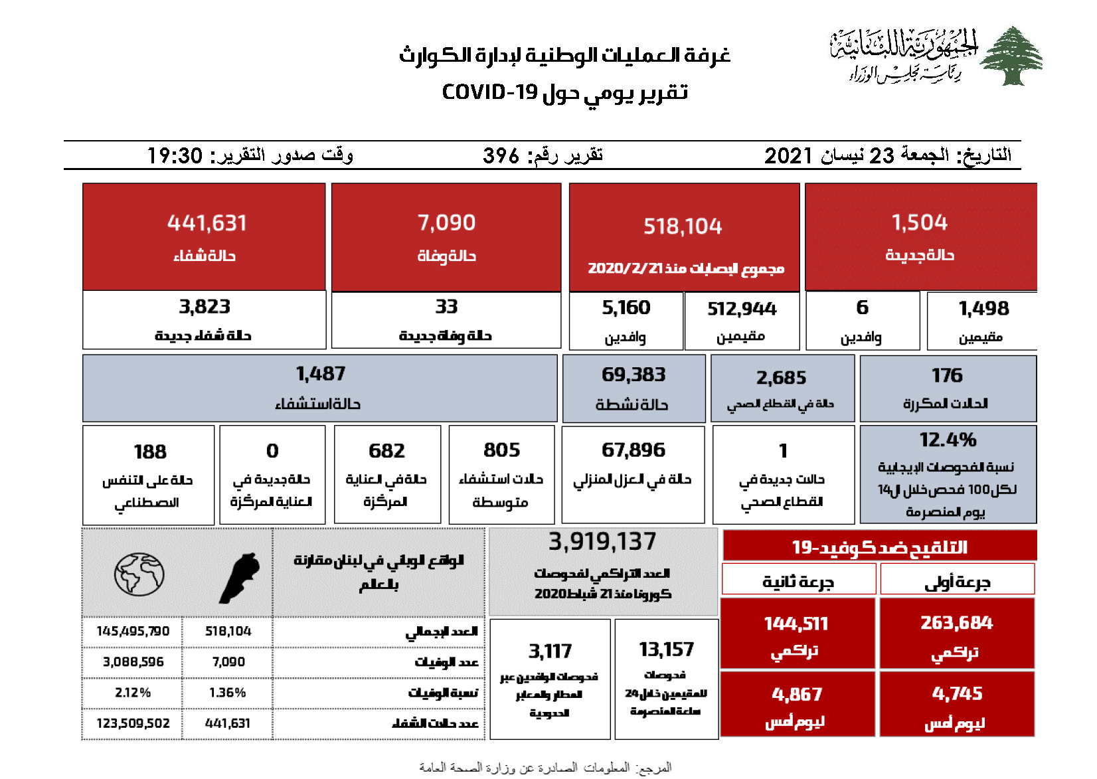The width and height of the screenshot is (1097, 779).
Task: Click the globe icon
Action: (139, 574)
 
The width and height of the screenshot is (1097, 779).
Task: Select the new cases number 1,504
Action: (919, 222)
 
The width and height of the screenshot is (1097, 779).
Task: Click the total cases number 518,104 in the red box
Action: (683, 226)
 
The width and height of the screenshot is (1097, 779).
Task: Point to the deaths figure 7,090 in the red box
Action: (446, 222)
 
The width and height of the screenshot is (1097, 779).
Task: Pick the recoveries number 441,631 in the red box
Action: (207, 223)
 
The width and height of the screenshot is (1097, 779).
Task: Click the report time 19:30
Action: (175, 155)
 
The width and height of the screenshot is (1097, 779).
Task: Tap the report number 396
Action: (501, 155)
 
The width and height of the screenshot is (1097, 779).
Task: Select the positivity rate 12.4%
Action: (948, 440)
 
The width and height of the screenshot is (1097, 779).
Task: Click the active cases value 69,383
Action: (633, 375)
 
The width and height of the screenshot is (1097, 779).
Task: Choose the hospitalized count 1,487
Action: (320, 374)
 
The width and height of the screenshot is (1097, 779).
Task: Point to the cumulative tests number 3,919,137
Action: (602, 542)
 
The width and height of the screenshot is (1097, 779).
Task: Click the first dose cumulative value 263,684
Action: (956, 622)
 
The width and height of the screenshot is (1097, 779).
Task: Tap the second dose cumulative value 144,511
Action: (796, 624)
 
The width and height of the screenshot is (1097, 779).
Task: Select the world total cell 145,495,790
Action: (133, 631)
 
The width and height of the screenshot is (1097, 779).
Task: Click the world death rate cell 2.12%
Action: (133, 693)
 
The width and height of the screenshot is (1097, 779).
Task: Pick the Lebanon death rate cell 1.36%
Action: (227, 693)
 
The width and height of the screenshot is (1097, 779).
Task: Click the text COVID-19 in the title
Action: (489, 92)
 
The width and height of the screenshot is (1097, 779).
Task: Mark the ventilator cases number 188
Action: (150, 452)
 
